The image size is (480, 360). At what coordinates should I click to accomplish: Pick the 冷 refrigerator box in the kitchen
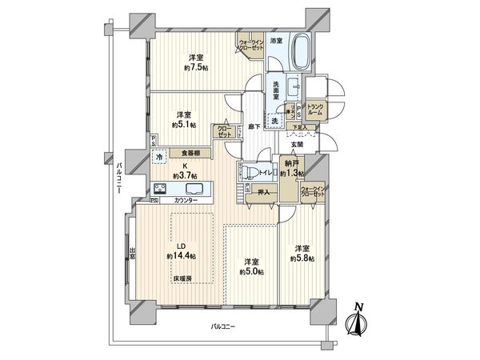(x=160, y=158)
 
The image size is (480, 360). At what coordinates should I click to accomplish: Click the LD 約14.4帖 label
(x=181, y=250)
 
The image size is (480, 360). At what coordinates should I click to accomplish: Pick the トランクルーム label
(x=314, y=110)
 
